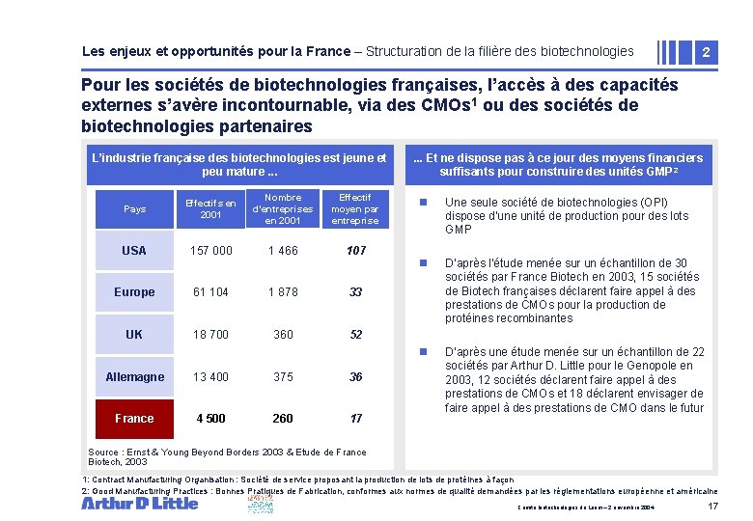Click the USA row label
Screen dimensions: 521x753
click(134, 251)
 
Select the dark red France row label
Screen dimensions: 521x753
click(134, 419)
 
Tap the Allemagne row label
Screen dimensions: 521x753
click(134, 377)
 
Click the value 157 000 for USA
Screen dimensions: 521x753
click(210, 251)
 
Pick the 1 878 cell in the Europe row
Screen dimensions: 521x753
click(283, 292)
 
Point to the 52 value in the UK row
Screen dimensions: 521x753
click(356, 335)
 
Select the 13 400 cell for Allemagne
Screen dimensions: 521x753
click(210, 377)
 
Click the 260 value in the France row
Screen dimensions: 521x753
click(283, 419)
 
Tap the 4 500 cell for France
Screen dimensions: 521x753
click(210, 419)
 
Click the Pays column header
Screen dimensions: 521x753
click(134, 208)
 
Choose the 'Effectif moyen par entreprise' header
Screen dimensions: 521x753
click(355, 208)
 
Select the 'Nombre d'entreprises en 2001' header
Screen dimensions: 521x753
click(283, 208)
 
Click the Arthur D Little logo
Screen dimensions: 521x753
click(139, 503)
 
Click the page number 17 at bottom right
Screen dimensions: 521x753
click(712, 507)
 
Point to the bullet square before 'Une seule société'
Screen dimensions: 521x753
click(421, 203)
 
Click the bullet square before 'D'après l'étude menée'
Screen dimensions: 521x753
click(421, 263)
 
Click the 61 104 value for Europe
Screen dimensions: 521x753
click(210, 292)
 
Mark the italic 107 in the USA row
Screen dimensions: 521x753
click(356, 251)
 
